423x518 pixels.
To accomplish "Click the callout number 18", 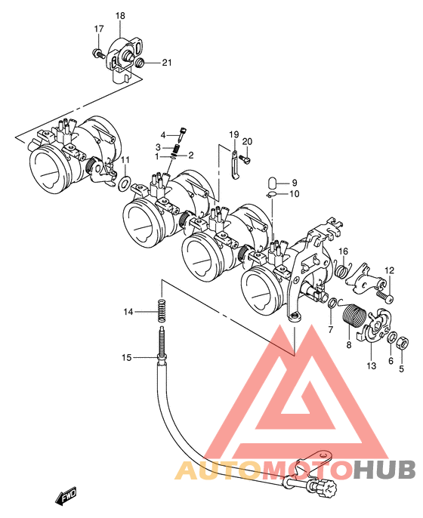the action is coord(120,16).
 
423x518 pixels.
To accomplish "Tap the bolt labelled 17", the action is coord(97,53).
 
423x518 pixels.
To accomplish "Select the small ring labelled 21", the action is coord(140,62).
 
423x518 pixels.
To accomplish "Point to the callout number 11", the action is coord(125,160).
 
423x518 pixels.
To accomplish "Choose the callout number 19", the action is coord(234,134).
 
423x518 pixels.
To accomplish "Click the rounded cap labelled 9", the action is coord(272,183).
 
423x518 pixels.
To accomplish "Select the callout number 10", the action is coord(294,193).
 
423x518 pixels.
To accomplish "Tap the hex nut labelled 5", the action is coord(402,343).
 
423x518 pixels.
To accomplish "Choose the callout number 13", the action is coord(372,365).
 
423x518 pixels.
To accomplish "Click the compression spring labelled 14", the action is coord(162,310).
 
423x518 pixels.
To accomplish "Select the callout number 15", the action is coord(127,357).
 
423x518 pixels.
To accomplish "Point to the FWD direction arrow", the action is coord(66,496).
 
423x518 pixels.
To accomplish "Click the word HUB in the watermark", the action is coord(384,470).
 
